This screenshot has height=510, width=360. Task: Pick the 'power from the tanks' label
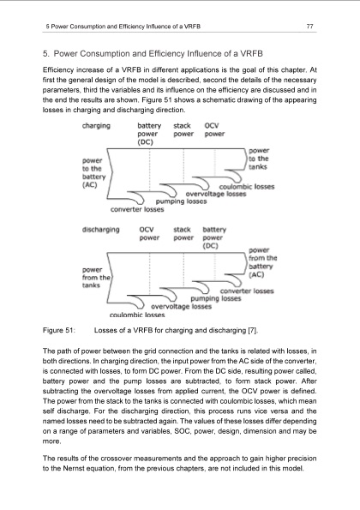pyautogui.click(x=96, y=276)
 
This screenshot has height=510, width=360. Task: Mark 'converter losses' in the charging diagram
pyautogui.click(x=140, y=211)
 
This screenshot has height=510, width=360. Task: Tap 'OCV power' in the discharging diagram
pyautogui.click(x=152, y=234)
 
